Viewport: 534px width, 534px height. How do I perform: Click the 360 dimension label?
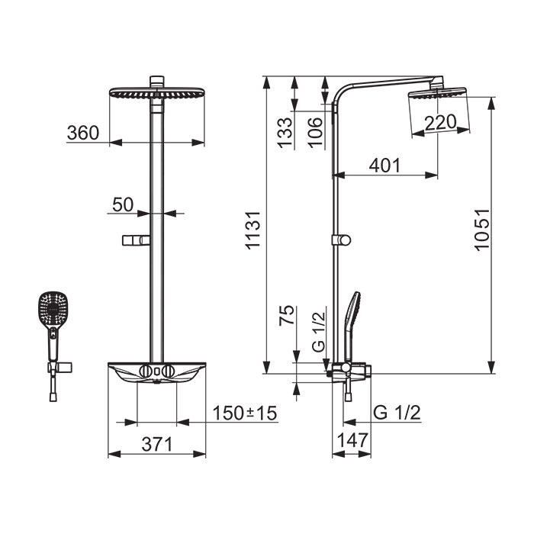click(83, 133)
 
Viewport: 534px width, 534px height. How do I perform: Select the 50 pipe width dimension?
click(123, 204)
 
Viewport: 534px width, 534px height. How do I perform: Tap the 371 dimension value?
click(157, 444)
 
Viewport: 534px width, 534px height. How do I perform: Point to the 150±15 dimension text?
click(245, 413)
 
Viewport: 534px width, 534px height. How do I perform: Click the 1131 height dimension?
click(253, 230)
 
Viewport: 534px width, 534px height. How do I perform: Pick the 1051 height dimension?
click(482, 230)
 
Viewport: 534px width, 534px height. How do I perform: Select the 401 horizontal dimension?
click(384, 166)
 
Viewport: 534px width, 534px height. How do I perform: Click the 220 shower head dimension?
click(440, 123)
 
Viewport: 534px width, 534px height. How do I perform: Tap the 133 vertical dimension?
click(285, 133)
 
